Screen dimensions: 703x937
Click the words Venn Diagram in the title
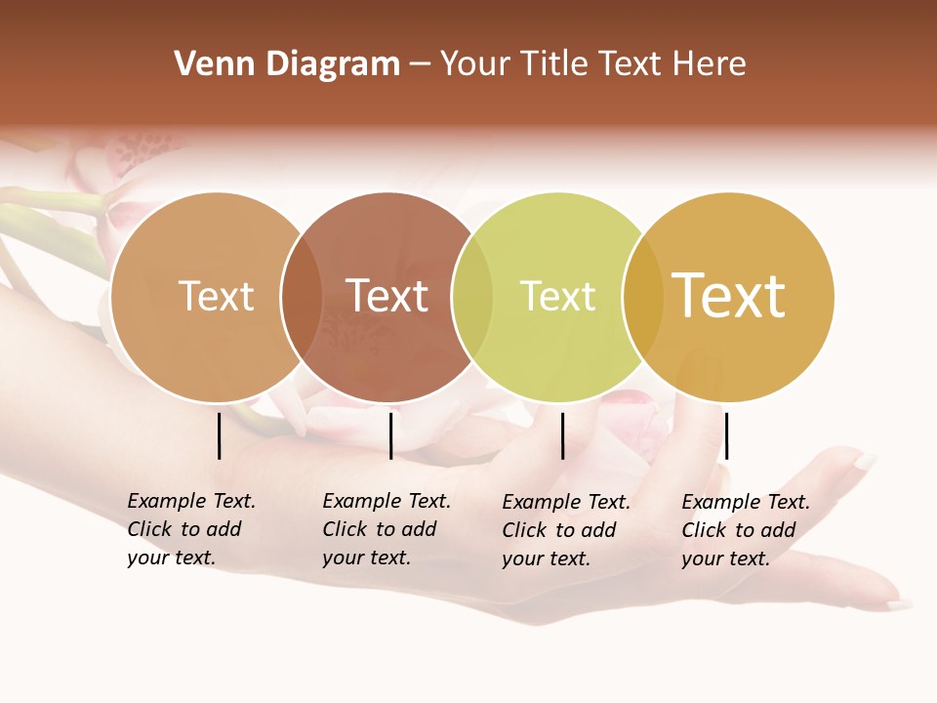[x=287, y=64]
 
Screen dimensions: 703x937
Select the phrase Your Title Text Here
[x=592, y=64]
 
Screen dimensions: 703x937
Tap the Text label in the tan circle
[x=216, y=296]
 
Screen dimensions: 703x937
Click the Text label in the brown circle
[x=387, y=296]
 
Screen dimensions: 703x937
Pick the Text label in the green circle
[x=557, y=296]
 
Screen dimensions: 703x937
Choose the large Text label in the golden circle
[x=728, y=296]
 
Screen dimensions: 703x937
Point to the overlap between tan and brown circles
[x=302, y=297]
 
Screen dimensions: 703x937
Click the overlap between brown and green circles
[x=472, y=297]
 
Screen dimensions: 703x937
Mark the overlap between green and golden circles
[x=642, y=297]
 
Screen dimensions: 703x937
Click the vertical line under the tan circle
[x=220, y=435]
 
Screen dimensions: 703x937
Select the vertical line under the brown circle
[x=390, y=435]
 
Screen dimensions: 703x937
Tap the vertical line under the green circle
[x=563, y=435]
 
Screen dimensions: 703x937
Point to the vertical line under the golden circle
[x=726, y=435]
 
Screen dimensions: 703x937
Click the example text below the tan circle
[x=191, y=529]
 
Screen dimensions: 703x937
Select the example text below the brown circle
[x=387, y=529]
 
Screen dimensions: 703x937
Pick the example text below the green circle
[x=566, y=530]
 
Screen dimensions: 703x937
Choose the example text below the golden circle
[x=746, y=530]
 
